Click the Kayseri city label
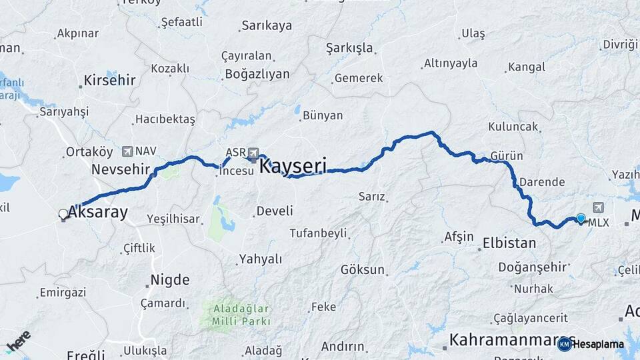tap(293, 165)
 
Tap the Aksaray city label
tap(97, 213)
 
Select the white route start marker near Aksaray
tap(63, 214)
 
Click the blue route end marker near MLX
tap(581, 218)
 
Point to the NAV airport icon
tap(127, 151)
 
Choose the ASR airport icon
tap(253, 153)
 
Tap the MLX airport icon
tap(596, 208)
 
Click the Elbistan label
tap(509, 243)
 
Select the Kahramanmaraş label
tap(503, 339)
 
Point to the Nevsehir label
tap(121, 169)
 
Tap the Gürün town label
tap(506, 156)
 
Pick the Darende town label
tap(542, 182)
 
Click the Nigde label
tap(170, 280)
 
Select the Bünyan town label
tap(323, 115)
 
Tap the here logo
tap(19, 341)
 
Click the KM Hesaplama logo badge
tap(590, 344)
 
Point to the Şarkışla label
tap(349, 48)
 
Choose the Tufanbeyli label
tap(318, 233)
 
